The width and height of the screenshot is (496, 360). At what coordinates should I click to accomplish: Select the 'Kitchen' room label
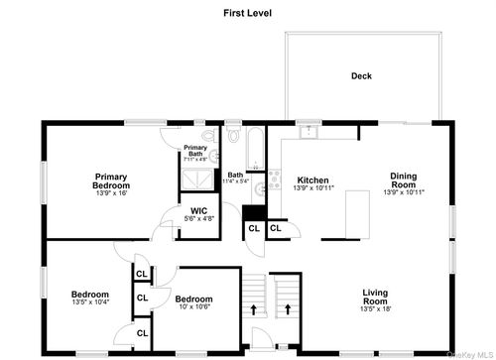coord(312,180)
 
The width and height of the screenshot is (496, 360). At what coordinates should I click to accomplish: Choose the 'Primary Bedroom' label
coord(111,181)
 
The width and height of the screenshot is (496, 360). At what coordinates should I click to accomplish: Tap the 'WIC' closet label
coord(199,210)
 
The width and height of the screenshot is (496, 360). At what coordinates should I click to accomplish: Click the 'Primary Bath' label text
coord(195,151)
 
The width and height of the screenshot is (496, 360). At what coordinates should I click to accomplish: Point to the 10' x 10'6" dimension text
coord(194,307)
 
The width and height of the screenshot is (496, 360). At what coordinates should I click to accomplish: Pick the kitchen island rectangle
coord(358,213)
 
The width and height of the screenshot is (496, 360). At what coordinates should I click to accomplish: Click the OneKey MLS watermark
coord(473,354)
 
